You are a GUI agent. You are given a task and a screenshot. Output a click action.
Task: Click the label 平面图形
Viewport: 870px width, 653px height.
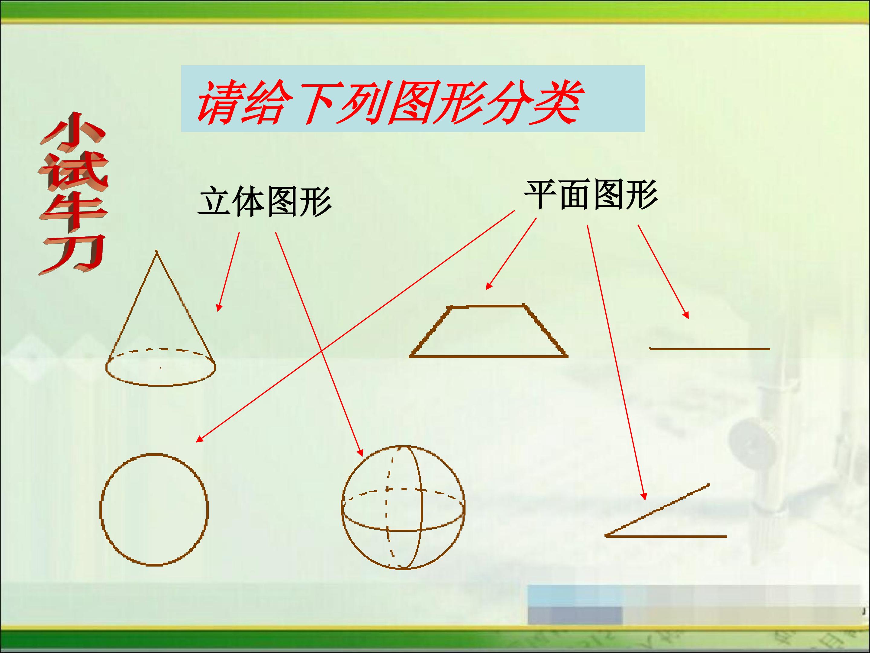coord(591,194)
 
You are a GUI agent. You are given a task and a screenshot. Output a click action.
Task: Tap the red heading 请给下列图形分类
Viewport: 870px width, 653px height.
coord(388,103)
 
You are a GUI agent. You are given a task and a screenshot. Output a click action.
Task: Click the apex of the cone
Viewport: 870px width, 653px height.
coord(157,251)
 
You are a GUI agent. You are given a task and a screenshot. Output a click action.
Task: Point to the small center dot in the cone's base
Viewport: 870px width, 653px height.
coord(160,368)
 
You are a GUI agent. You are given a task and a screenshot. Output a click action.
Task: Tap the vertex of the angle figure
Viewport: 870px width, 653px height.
coord(606,536)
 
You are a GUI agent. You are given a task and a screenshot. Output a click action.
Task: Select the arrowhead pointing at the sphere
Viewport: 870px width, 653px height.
coord(360,452)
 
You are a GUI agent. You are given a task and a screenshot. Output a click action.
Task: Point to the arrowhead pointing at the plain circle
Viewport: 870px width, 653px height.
coord(199,440)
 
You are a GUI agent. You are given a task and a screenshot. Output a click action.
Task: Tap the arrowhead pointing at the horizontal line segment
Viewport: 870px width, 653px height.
coord(686,315)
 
